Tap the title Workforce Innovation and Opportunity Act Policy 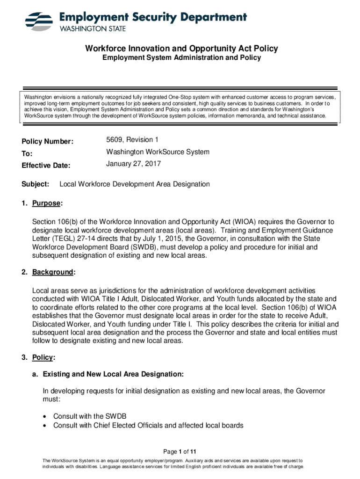click(181, 49)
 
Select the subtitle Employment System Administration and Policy click(181, 58)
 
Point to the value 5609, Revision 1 click(133, 140)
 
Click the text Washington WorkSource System click(158, 152)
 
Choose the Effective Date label click(46, 166)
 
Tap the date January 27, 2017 click(133, 164)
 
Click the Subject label click(36, 184)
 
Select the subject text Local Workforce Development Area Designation click(135, 184)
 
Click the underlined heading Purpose click(46, 204)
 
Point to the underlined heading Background click(52, 272)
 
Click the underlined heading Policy click(43, 358)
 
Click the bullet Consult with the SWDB click(90, 416)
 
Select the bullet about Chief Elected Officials click(148, 426)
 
